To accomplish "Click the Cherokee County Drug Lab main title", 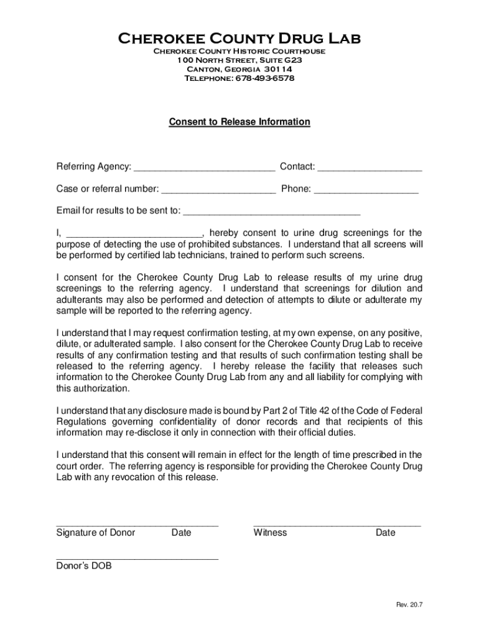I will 240,39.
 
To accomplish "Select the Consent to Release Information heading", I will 240,122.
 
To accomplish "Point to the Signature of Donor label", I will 96,532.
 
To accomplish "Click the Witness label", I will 270,532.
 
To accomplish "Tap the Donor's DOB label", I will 84,566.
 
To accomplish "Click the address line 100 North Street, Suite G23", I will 240,60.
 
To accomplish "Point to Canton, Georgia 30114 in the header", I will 240,69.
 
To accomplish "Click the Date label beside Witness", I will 385,532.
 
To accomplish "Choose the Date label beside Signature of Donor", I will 182,532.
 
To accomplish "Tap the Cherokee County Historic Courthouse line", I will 240,51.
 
